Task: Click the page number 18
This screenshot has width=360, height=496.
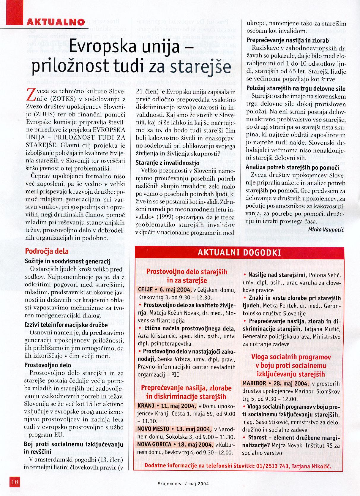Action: click(x=15, y=482)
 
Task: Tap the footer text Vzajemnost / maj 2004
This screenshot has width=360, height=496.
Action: click(x=183, y=483)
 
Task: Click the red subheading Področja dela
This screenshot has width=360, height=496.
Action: click(x=47, y=251)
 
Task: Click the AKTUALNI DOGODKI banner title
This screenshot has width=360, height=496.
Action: click(x=239, y=253)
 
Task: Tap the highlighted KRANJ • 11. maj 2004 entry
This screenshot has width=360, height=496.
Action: click(x=166, y=406)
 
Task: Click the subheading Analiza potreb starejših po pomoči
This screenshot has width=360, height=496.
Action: click(x=292, y=167)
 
